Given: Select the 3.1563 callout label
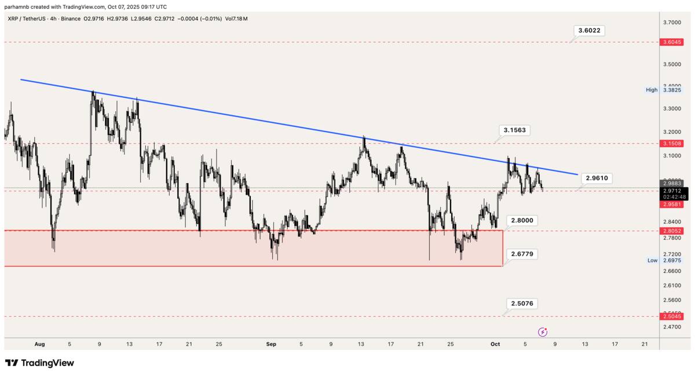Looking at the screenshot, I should click(x=514, y=130).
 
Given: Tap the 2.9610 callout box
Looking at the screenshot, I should click(x=596, y=178).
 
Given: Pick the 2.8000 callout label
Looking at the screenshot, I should click(x=522, y=221).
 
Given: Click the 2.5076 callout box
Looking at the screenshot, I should click(x=522, y=304).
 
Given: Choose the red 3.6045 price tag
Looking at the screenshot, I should click(x=671, y=42).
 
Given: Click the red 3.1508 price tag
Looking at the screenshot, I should click(x=671, y=143).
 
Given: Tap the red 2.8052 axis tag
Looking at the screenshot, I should click(x=671, y=231).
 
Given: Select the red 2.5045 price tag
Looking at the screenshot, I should click(x=671, y=316).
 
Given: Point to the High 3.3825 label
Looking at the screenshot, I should click(x=665, y=90).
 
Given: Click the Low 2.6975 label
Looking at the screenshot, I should click(x=665, y=261).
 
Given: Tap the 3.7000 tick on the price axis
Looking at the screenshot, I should click(x=672, y=22).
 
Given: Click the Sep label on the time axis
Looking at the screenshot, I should click(x=271, y=344).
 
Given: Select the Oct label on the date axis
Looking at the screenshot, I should click(x=495, y=344).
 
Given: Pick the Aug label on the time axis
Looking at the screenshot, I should click(x=39, y=344).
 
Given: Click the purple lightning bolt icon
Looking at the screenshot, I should click(x=543, y=332).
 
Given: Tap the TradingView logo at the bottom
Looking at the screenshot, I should click(x=39, y=363).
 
